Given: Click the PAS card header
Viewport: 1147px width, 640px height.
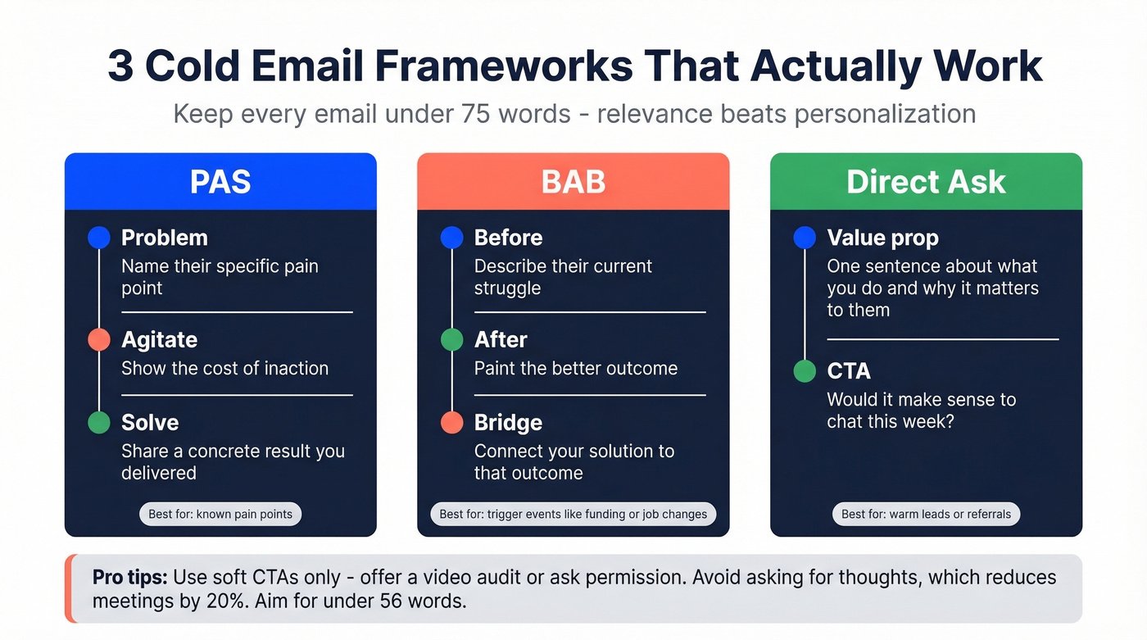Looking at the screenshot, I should point(220,181).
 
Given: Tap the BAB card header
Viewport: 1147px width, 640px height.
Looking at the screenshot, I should point(573,181).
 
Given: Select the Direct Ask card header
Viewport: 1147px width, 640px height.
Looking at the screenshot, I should point(926,181).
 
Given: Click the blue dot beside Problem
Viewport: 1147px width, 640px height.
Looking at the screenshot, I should point(98,238).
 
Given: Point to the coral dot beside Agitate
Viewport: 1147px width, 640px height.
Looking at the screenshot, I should point(98,339).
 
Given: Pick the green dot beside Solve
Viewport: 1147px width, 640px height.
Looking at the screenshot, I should point(98,422).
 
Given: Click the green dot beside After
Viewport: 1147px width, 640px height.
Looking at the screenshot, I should point(451,339).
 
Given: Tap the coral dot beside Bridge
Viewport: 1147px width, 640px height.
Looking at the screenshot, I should point(451,422).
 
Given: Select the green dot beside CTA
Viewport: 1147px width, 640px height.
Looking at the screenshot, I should point(805,371).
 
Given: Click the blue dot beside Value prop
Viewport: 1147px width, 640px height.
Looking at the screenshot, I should point(805,238).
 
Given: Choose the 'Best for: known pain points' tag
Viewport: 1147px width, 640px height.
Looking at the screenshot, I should point(220,515).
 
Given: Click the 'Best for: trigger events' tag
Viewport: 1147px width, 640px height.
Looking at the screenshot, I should point(573,515).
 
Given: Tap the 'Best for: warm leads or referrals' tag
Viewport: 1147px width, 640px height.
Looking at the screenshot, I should point(926,515).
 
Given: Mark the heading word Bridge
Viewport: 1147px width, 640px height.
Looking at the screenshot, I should point(508,422).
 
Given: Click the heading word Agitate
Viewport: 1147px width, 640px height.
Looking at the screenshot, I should point(159,339).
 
